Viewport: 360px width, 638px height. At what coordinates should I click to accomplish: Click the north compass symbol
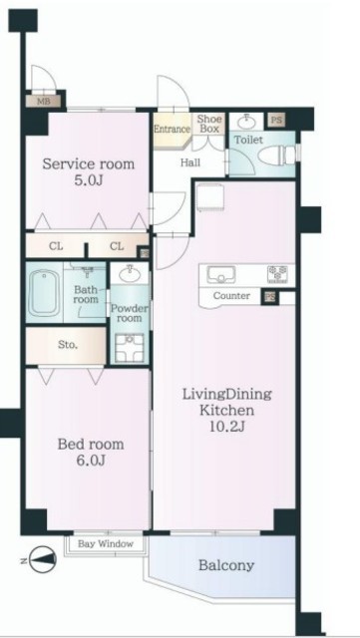[x=42, y=561]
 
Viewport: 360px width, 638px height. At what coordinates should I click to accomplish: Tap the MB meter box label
[x=44, y=102]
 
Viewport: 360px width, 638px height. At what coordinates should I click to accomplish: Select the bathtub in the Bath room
[x=45, y=292]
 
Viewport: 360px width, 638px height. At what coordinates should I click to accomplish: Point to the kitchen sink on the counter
[x=221, y=275]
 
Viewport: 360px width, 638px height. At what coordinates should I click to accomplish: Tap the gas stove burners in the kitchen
[x=278, y=275]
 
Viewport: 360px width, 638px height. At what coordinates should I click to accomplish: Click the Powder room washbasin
[x=130, y=274]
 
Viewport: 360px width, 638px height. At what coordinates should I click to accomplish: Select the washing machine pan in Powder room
[x=129, y=348]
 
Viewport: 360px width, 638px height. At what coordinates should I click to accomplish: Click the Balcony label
[x=226, y=565]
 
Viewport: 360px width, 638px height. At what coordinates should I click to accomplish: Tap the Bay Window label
[x=106, y=543]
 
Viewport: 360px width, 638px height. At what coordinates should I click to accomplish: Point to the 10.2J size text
[x=226, y=426]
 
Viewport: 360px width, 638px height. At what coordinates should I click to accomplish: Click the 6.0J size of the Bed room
[x=91, y=461]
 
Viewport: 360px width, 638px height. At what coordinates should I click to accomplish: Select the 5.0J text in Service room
[x=89, y=179]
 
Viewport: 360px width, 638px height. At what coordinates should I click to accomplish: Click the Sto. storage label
[x=67, y=346]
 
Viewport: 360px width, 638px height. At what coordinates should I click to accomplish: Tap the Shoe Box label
[x=210, y=124]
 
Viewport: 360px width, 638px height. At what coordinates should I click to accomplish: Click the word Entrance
[x=172, y=129]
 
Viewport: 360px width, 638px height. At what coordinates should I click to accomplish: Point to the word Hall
[x=190, y=162]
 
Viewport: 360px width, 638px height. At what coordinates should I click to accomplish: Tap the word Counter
[x=231, y=296]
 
